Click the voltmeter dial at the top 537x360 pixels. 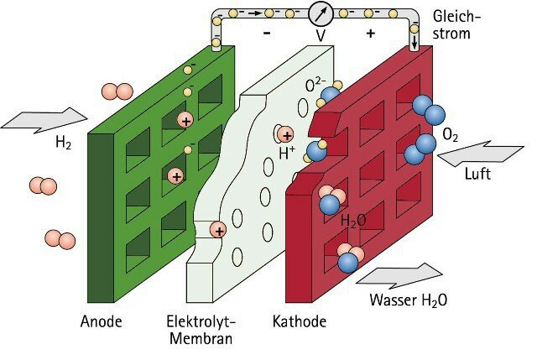pos(321,14)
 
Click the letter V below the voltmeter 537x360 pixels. pos(321,35)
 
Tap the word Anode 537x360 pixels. pos(101,321)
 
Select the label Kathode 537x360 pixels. pos(300,321)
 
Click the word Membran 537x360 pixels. pos(201,338)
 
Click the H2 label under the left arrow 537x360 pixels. pos(64,142)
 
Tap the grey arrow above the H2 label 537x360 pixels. pos(44,120)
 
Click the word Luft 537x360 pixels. pos(477,174)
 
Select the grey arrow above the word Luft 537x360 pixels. pos(481,154)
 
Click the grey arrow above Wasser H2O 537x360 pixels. pos(399,276)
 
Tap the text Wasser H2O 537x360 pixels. pos(409,300)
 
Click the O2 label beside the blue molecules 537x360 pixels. pos(450,134)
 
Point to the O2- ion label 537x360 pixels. pos(315,85)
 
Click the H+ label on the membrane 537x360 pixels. pos(287,153)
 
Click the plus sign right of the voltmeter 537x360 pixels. pos(371,34)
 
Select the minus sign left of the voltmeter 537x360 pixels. pos(267,33)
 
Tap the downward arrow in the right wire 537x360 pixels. pos(414,41)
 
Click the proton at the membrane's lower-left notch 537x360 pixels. pos(218,230)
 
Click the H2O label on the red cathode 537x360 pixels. pos(353,221)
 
